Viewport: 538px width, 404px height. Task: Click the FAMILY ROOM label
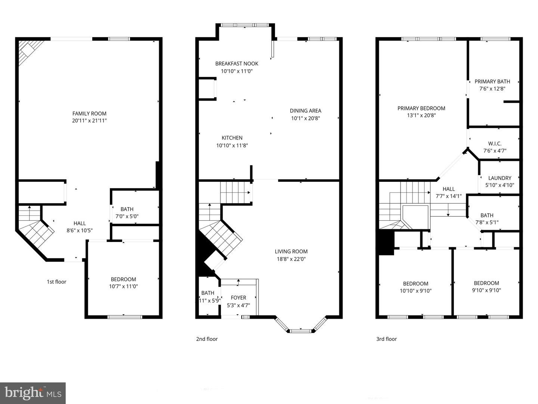pyautogui.click(x=89, y=113)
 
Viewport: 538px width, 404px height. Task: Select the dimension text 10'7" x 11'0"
pyautogui.click(x=123, y=287)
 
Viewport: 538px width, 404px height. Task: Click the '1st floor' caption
pyautogui.click(x=56, y=282)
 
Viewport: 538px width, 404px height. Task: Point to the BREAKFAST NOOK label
pyautogui.click(x=236, y=64)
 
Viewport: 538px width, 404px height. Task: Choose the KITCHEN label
pyautogui.click(x=232, y=138)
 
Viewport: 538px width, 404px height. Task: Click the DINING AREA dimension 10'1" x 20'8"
pyautogui.click(x=306, y=118)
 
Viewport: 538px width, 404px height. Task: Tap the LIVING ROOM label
pyautogui.click(x=291, y=251)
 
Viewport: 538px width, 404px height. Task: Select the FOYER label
pyautogui.click(x=238, y=298)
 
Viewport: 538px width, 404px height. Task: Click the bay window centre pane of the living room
pyautogui.click(x=300, y=331)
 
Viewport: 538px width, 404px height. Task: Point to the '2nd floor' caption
pyautogui.click(x=207, y=339)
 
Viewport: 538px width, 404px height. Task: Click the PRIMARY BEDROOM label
pyautogui.click(x=421, y=108)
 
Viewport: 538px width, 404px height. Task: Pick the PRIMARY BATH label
pyautogui.click(x=492, y=82)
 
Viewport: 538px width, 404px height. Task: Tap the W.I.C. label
pyautogui.click(x=495, y=144)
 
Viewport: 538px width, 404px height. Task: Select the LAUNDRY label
pyautogui.click(x=500, y=178)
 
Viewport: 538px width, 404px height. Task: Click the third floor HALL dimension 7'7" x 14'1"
pyautogui.click(x=448, y=196)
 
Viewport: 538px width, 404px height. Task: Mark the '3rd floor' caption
pyautogui.click(x=386, y=339)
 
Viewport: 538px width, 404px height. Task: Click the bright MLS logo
pyautogui.click(x=33, y=393)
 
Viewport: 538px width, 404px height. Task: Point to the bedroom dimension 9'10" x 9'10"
pyautogui.click(x=486, y=290)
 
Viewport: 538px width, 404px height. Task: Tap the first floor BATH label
pyautogui.click(x=127, y=209)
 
